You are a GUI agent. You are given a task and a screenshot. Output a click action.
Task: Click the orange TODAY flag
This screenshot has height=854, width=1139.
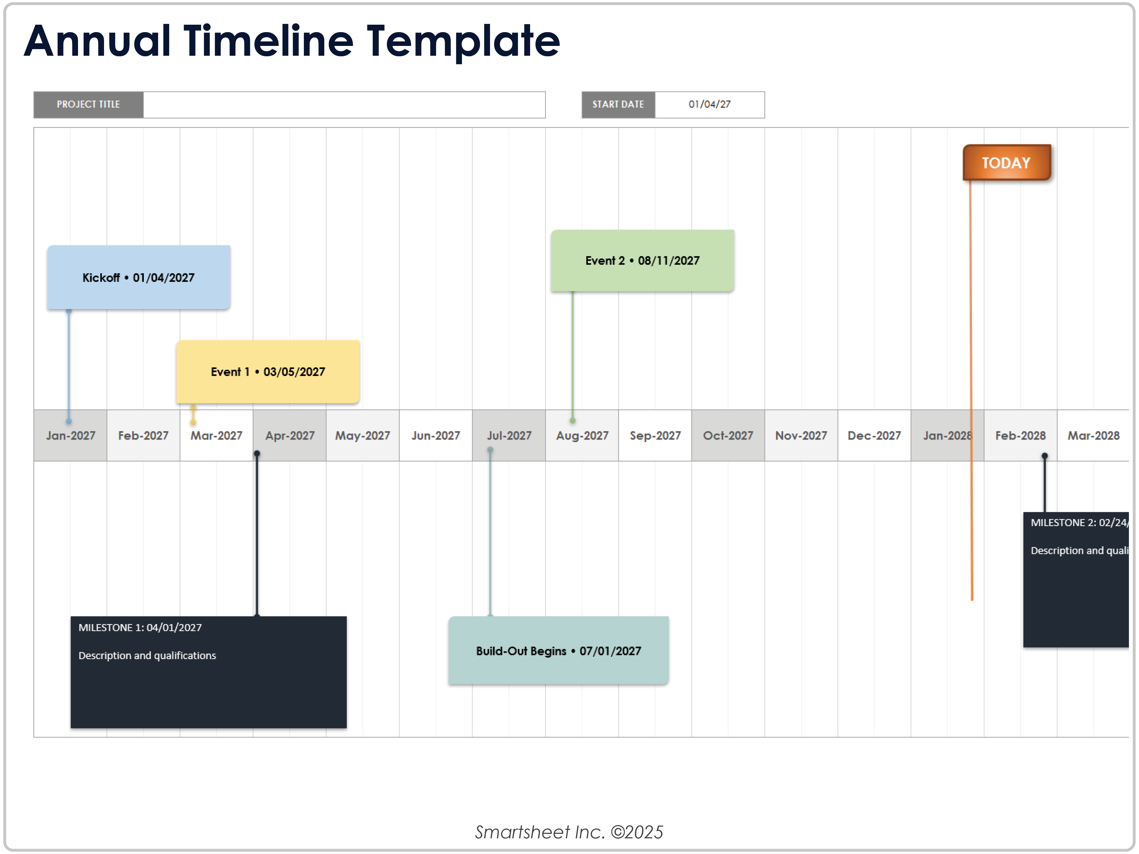tap(1007, 163)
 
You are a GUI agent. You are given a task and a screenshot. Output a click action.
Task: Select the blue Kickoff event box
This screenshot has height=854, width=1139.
tap(139, 278)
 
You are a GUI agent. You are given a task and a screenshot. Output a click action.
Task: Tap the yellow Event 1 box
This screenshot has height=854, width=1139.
tap(268, 372)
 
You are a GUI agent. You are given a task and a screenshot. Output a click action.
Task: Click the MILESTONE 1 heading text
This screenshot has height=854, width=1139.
tap(140, 627)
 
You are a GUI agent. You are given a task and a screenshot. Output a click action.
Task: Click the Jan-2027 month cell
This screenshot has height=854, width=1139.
tap(71, 436)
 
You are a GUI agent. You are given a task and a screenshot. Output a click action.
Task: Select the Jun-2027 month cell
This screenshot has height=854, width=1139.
tap(436, 436)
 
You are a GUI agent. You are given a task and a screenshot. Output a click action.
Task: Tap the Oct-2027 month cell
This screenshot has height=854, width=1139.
tap(728, 436)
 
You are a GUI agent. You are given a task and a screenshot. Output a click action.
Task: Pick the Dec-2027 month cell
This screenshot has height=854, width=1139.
tap(874, 436)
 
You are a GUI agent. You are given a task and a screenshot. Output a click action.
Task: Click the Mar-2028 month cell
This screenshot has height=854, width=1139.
tap(1093, 436)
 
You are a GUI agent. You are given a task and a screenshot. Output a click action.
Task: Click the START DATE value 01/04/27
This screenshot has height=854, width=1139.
tap(710, 105)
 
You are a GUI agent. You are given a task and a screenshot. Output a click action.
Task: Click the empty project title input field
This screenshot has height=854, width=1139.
tap(344, 105)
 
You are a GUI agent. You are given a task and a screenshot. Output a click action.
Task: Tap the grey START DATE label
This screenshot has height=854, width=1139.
tap(618, 105)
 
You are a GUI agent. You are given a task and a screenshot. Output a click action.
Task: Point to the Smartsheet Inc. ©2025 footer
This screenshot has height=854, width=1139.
tap(569, 832)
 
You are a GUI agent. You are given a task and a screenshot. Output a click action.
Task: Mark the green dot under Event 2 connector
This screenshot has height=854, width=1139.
tap(573, 420)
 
